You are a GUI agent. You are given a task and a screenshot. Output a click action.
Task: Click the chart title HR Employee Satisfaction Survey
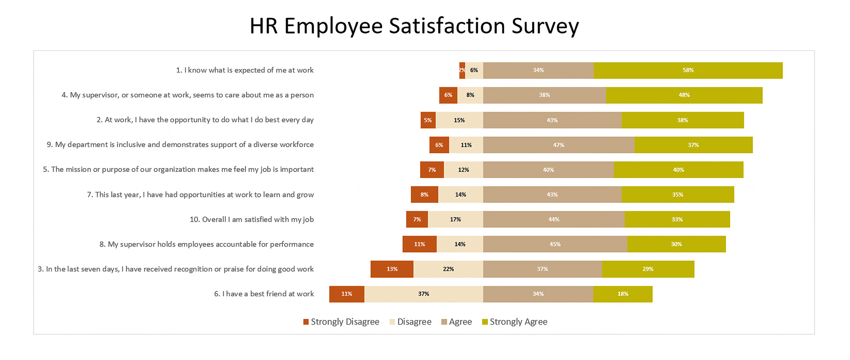point(414,26)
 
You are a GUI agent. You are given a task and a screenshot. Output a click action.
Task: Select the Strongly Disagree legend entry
point(341,322)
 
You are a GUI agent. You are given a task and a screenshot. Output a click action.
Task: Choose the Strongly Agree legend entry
point(514,322)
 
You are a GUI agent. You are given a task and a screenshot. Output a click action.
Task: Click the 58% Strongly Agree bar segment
point(688,70)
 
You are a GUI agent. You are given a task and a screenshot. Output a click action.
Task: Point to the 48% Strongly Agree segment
point(684,95)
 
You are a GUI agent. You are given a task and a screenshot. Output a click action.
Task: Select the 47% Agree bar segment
point(559,145)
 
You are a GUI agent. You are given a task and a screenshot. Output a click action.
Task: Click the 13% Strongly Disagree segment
point(392,269)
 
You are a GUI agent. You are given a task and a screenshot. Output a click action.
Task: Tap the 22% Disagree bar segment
point(448,269)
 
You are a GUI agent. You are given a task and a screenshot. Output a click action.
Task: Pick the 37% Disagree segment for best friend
point(424,294)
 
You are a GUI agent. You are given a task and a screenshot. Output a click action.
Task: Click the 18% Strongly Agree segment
point(622,294)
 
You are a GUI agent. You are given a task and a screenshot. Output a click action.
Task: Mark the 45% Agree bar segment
point(555,244)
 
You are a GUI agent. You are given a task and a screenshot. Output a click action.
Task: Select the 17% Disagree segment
point(455,220)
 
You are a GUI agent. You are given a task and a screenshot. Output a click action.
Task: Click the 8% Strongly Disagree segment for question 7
point(424,195)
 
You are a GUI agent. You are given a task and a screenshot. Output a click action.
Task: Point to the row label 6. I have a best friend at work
point(264,294)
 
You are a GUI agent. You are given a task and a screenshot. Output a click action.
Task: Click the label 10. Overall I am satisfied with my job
point(251,220)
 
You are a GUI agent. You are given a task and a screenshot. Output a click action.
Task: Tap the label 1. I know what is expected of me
point(245,70)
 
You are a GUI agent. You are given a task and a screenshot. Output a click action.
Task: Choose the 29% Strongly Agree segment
point(648,269)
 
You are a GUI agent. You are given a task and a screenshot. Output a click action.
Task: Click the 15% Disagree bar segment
point(459,120)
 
